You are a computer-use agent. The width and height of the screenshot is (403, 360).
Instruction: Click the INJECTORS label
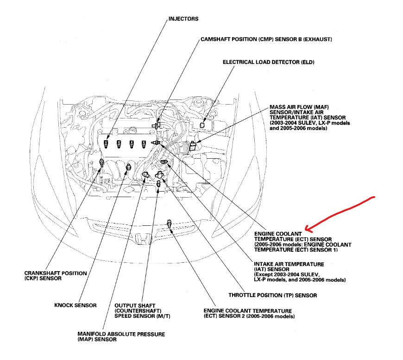(183, 19)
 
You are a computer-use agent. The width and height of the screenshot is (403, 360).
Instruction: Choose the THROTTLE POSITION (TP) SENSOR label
(273, 295)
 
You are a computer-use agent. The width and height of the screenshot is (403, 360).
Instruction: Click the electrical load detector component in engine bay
(202, 124)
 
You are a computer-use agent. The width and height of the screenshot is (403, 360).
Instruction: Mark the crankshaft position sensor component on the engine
(101, 161)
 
